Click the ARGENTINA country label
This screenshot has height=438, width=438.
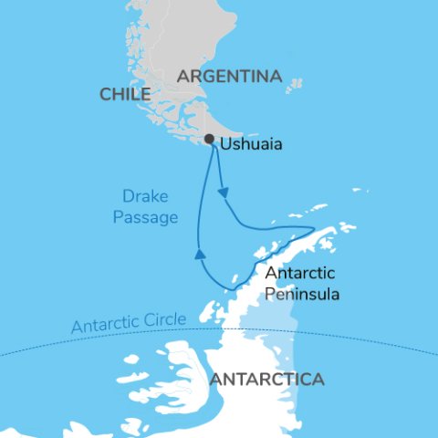228,77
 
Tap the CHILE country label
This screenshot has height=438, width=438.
125,95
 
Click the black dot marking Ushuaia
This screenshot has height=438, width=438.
210,140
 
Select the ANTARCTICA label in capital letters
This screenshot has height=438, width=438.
266,379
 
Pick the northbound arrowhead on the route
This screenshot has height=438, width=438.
198,255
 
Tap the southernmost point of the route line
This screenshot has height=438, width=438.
227,291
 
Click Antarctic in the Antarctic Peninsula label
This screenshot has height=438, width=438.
299,274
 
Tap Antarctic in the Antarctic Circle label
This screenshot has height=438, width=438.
102,325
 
